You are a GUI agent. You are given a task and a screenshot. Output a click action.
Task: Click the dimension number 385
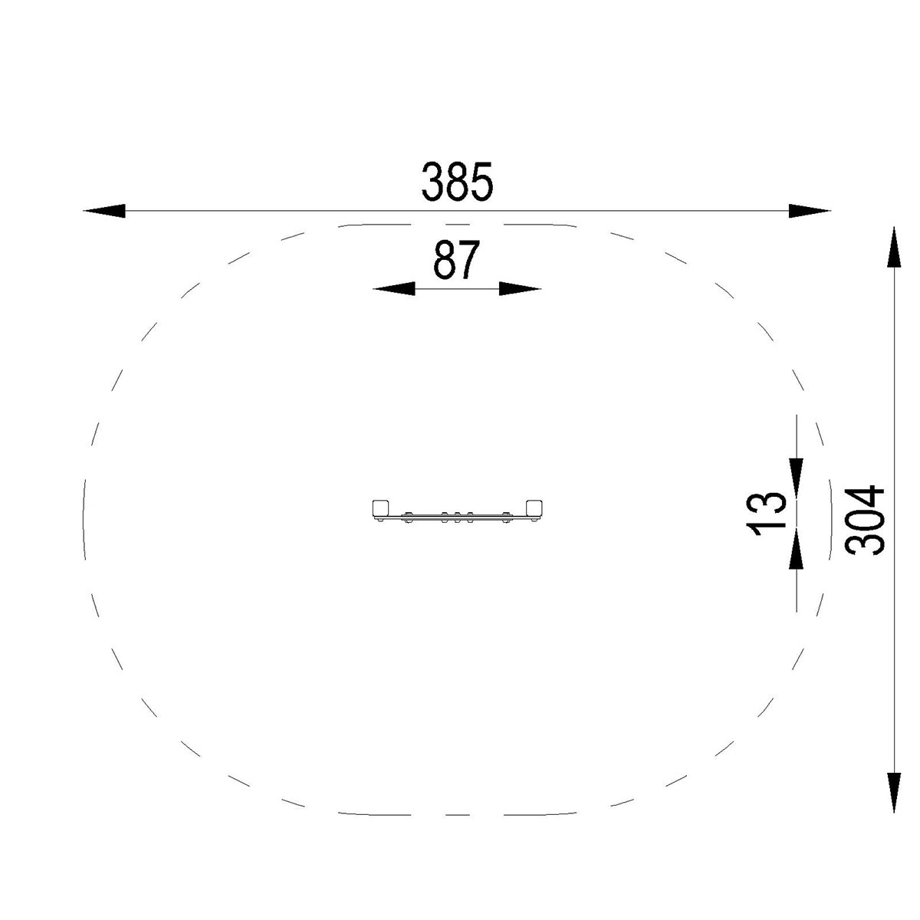pos(457,182)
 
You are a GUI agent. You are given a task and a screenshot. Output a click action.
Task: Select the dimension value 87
pos(456,260)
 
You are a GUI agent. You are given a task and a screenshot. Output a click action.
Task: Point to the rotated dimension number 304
pos(864,521)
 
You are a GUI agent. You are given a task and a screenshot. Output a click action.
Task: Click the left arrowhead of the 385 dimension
pos(104,211)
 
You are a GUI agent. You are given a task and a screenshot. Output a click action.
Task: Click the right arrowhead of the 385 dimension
pos(810,211)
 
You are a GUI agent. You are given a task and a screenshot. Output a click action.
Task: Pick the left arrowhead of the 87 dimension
pos(393,289)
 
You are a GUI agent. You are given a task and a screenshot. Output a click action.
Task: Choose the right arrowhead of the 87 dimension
pos(521,289)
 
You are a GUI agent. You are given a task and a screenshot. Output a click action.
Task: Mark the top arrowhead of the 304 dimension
pos(894,248)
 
